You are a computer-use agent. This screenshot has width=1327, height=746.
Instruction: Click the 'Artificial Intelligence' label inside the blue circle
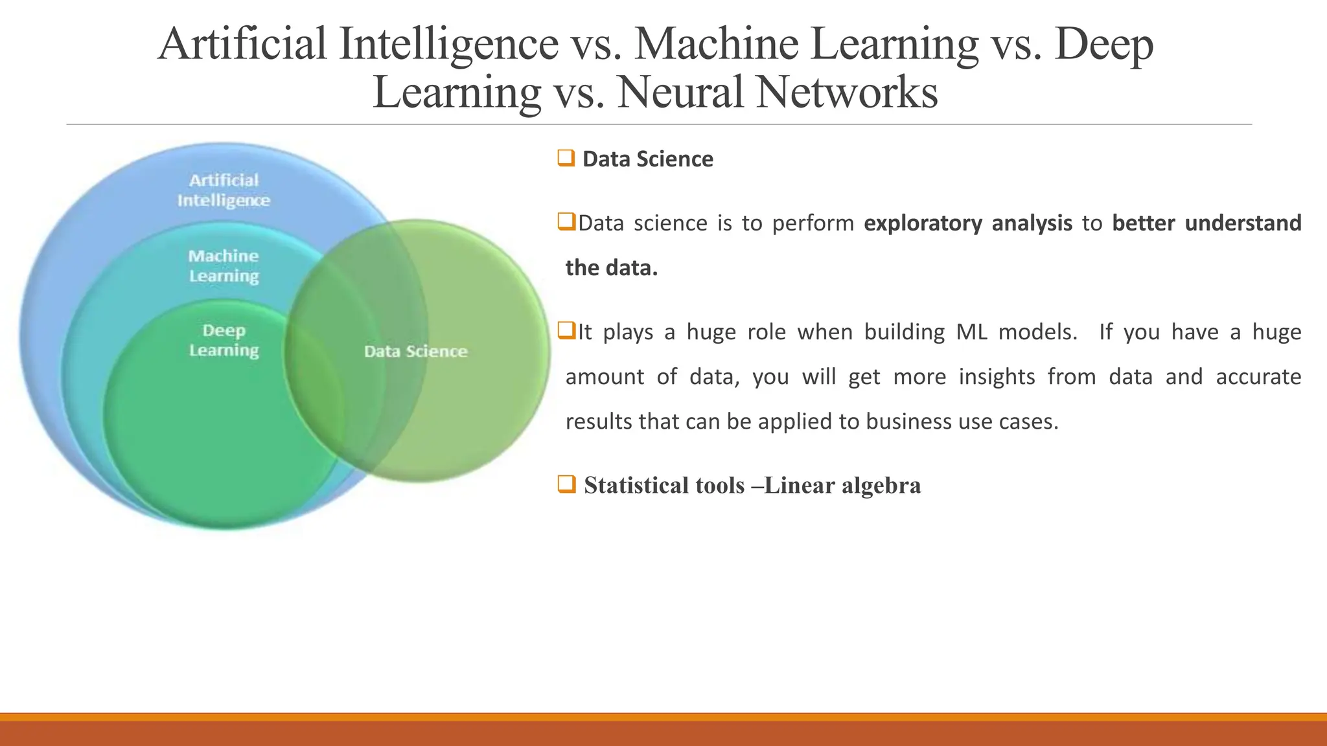tap(224, 190)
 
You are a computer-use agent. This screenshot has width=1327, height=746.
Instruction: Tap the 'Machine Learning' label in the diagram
tap(224, 266)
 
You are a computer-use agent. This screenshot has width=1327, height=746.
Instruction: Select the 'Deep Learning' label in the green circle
tap(224, 340)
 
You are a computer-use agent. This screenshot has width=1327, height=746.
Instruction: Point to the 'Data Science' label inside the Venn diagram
tap(415, 351)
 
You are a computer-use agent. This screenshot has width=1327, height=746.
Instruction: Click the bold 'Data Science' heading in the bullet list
tap(647, 159)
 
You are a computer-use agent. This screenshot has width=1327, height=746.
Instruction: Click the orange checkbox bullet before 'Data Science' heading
tap(566, 158)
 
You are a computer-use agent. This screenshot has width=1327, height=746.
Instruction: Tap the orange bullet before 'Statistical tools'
tap(566, 484)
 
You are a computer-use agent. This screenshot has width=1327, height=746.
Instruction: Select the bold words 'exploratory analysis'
tap(967, 223)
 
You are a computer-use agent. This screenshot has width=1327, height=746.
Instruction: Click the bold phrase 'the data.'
tap(611, 267)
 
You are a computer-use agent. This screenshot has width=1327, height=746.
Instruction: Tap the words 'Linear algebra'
tap(842, 485)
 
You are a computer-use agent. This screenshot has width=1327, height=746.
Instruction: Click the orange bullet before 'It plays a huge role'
tap(566, 331)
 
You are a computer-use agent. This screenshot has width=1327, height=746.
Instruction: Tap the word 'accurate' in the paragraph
tap(1258, 376)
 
